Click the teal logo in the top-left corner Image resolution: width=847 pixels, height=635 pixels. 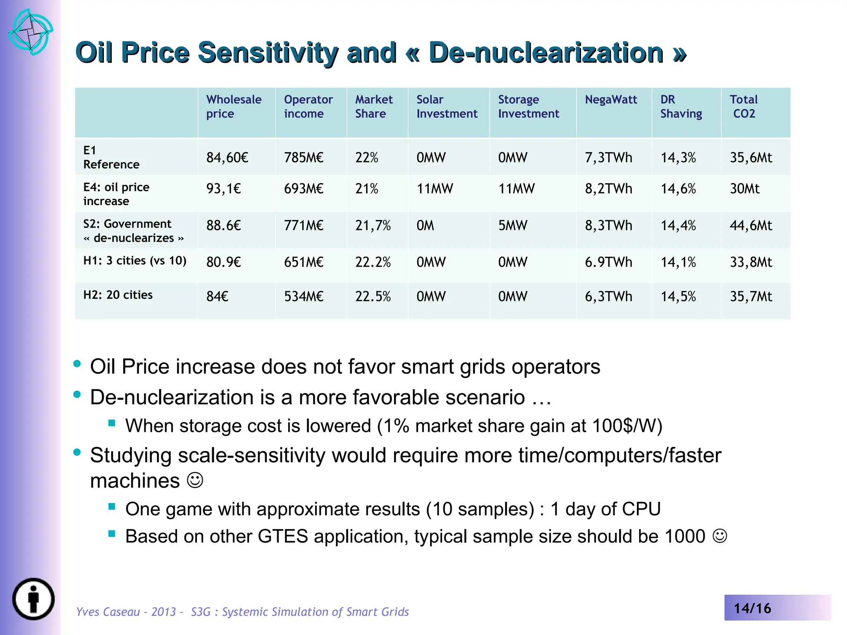(x=31, y=32)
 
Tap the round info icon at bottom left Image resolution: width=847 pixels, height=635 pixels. (x=33, y=599)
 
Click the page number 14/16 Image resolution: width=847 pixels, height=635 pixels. (x=752, y=608)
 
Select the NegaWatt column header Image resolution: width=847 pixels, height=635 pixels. (x=611, y=100)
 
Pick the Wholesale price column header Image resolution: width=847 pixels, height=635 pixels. (x=234, y=106)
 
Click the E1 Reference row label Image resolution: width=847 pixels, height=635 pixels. (x=111, y=158)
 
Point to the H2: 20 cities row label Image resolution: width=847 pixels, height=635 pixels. (x=118, y=295)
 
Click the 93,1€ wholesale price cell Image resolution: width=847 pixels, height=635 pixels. (x=223, y=189)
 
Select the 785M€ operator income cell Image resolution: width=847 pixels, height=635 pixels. (x=304, y=158)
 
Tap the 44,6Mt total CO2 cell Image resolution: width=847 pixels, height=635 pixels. (x=751, y=225)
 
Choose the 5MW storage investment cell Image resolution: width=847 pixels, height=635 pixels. (x=512, y=225)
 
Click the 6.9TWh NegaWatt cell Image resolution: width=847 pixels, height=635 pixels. (x=608, y=262)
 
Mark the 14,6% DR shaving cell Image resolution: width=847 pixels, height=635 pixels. (x=678, y=189)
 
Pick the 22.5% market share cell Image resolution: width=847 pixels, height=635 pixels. (x=373, y=296)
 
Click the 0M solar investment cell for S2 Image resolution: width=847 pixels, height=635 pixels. (x=425, y=225)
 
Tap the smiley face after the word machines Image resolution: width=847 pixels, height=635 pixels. (x=195, y=480)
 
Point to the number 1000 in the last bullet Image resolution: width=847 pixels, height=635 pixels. (x=685, y=536)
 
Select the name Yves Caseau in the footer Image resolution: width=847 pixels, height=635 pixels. (x=108, y=611)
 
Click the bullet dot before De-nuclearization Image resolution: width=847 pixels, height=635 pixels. (x=77, y=394)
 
